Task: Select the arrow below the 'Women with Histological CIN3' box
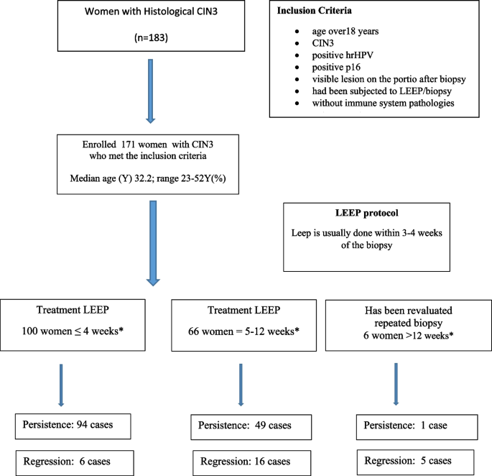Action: tap(151, 86)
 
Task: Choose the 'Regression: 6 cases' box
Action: tap(74, 460)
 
